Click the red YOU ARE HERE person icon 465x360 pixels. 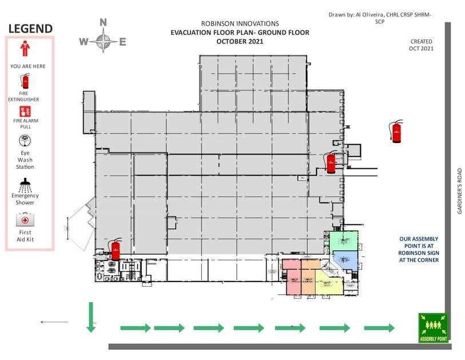coord(25,49)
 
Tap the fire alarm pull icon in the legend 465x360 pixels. coord(25,112)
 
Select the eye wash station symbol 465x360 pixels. coord(25,141)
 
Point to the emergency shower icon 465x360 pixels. coord(25,185)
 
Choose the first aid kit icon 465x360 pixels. coord(25,220)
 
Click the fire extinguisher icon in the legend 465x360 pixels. coord(25,81)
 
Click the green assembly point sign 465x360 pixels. coord(434,328)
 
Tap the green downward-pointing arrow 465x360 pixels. coord(91,317)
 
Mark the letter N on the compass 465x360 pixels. coord(103,22)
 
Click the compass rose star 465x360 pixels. coord(103,41)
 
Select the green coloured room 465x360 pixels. coord(344,241)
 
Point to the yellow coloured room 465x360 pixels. coord(329,283)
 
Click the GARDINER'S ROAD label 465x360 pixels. coord(460,191)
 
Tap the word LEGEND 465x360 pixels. coord(30,29)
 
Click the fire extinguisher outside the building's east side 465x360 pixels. coord(396,131)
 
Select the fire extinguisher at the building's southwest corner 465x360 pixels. coord(116,249)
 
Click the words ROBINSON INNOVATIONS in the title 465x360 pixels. coord(240,23)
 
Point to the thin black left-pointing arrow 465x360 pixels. coord(54,322)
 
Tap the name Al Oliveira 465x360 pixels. coord(369,14)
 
